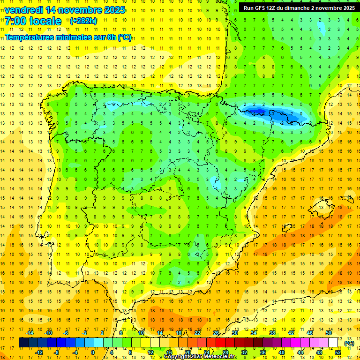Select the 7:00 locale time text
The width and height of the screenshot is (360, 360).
[x=33, y=21]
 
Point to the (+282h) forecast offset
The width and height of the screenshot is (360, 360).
[x=83, y=21]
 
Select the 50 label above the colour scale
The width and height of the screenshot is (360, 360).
[x=329, y=332]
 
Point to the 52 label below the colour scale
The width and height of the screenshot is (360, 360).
[x=338, y=352]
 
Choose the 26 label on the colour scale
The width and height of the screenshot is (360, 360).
[x=216, y=332]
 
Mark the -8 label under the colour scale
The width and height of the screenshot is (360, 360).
[x=57, y=352]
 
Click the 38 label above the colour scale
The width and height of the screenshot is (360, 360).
[x=272, y=332]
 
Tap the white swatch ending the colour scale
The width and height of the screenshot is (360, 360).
[x=333, y=343]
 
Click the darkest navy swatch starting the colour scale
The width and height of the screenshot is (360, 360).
[x=23, y=343]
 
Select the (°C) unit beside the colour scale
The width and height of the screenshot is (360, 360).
[x=349, y=343]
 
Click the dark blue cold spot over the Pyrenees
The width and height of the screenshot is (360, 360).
[x=256, y=111]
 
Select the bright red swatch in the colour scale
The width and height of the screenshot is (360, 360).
[x=221, y=343]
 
